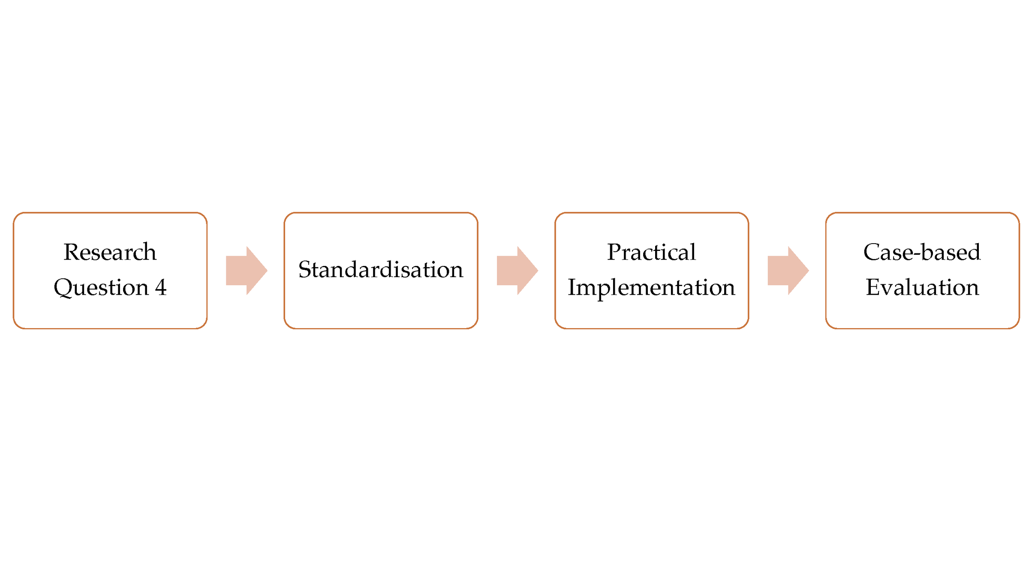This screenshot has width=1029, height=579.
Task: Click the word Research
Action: (x=110, y=252)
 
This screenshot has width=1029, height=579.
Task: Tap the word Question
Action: (x=101, y=287)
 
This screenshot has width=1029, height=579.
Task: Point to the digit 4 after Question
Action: (x=161, y=287)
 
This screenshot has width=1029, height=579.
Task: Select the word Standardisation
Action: (x=381, y=269)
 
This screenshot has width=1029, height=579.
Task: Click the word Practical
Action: (x=651, y=252)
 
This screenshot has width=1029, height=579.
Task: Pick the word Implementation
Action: (x=651, y=287)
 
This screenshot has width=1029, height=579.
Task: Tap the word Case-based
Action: (x=922, y=252)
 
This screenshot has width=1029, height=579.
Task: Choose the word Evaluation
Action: (x=922, y=287)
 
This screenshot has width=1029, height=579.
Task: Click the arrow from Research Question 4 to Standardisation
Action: (x=247, y=270)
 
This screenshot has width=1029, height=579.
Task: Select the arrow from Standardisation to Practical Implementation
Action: (x=518, y=270)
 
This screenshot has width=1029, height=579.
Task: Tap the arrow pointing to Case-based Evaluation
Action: (x=788, y=270)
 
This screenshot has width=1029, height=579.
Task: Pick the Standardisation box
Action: (x=381, y=309)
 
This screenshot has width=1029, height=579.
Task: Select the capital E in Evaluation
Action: (x=873, y=287)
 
